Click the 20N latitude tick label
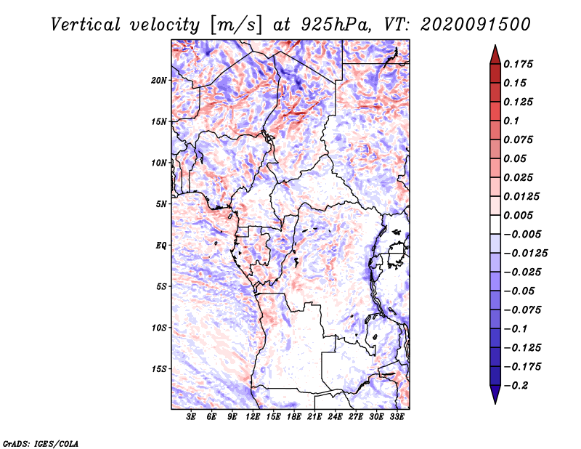pos(159,81)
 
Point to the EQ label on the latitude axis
pos(161,246)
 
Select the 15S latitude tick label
pos(159,369)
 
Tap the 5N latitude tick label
pos(161,204)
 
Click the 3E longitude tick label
pos(191,416)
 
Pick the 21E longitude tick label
pos(314,416)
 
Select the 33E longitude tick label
pos(397,416)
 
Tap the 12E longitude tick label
pos(252,416)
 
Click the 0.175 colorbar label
pos(518,64)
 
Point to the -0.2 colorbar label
pos(516,386)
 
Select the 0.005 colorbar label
pos(518,215)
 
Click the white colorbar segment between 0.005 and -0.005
pos(495,224)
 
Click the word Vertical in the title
pos(86,25)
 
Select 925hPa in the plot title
pos(336,25)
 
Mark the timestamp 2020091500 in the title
pos(476,25)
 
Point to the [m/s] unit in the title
pos(236,25)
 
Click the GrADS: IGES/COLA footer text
pos(41,443)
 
